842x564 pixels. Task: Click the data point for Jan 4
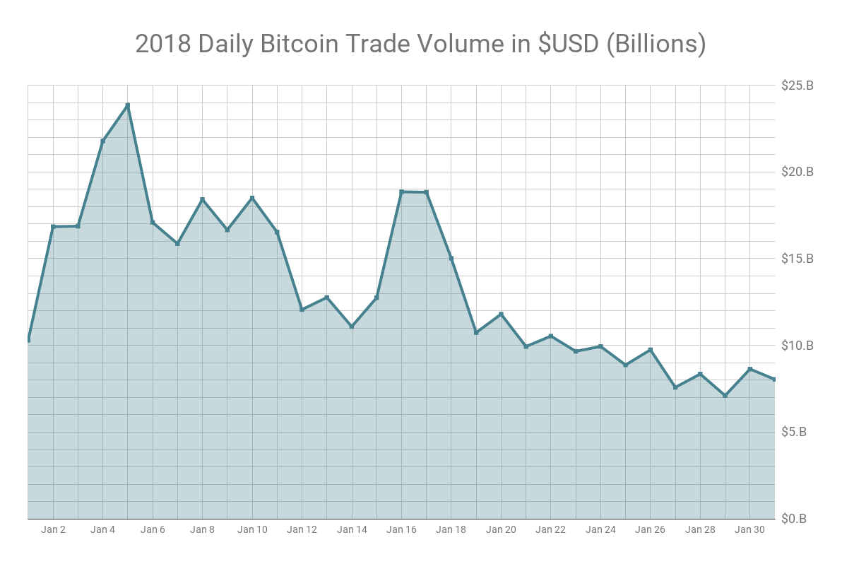click(x=103, y=141)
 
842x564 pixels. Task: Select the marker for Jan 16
click(x=402, y=192)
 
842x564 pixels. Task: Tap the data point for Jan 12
click(x=302, y=310)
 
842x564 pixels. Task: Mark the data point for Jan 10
click(x=252, y=198)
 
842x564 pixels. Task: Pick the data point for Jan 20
click(x=501, y=314)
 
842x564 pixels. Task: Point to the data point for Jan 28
click(x=700, y=374)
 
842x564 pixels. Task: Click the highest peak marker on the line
click(x=128, y=105)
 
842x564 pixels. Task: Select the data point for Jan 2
click(x=53, y=227)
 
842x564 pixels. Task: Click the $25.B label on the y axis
click(x=797, y=86)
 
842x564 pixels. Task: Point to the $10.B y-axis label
click(x=797, y=346)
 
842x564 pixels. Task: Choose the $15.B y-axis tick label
click(x=797, y=259)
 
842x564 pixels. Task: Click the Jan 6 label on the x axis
click(x=153, y=529)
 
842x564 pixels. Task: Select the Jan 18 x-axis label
click(x=451, y=529)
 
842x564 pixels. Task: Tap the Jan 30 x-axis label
click(x=749, y=529)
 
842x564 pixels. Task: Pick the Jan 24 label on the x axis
click(x=600, y=529)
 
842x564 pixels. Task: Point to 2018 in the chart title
click(x=163, y=44)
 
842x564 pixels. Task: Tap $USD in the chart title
click(x=559, y=44)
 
